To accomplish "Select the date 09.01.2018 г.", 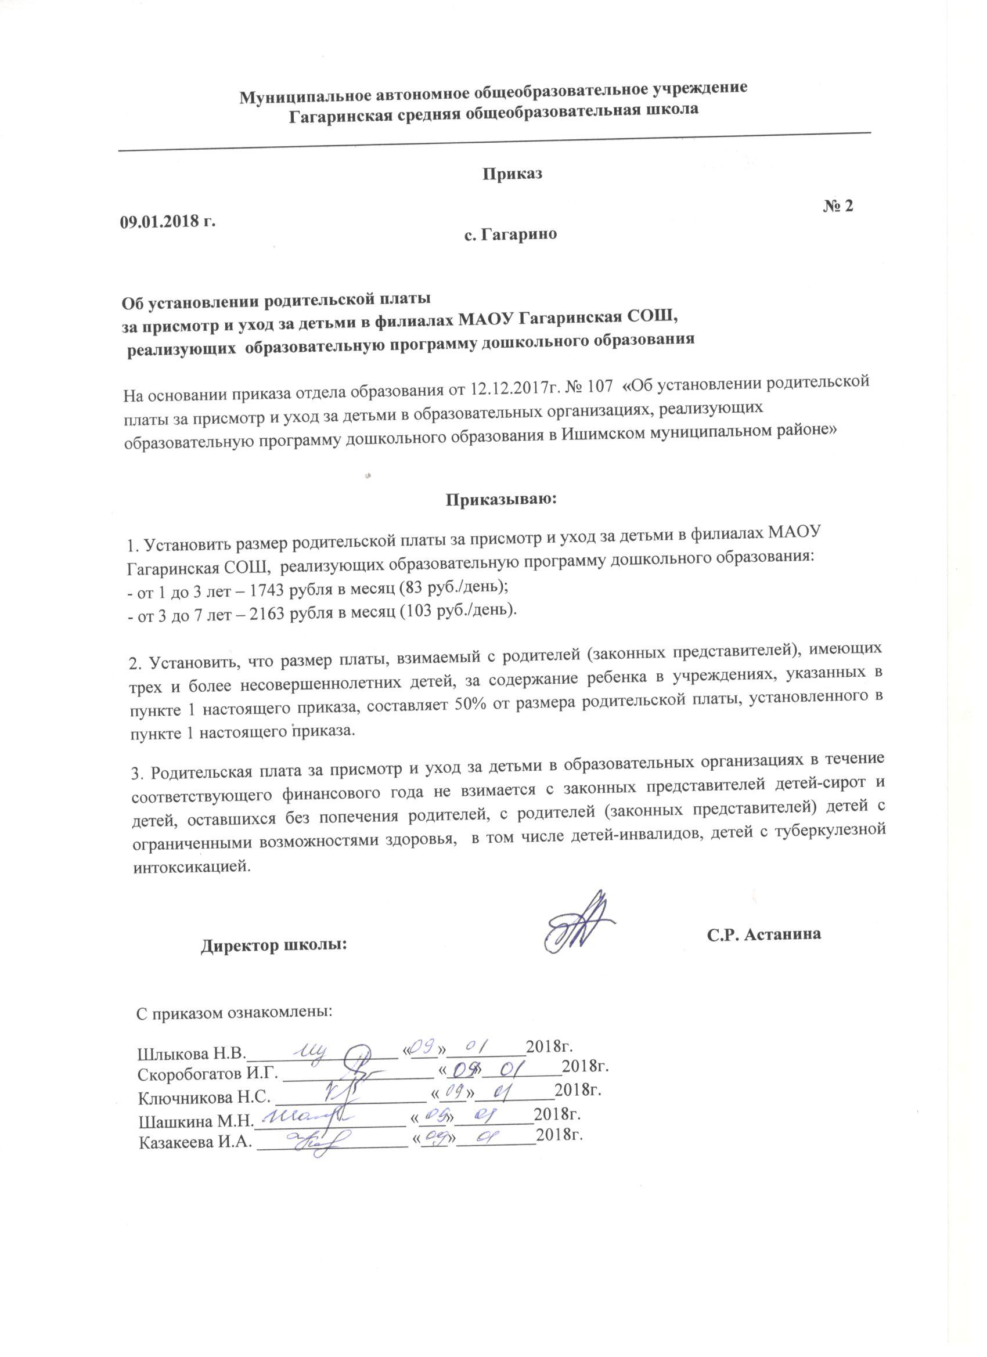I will tap(168, 221).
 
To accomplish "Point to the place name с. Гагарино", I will tap(510, 234).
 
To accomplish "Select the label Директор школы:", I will tap(273, 946).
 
